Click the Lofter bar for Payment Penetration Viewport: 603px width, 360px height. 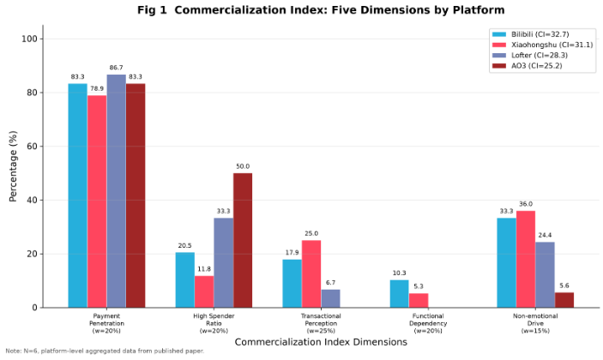pyautogui.click(x=116, y=191)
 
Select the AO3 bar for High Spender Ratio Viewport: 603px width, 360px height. pyautogui.click(x=243, y=240)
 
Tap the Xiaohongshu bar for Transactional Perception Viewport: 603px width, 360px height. pyautogui.click(x=311, y=274)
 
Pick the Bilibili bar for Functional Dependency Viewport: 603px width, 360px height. pyautogui.click(x=399, y=294)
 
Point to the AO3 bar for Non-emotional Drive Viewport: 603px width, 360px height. pyautogui.click(x=564, y=300)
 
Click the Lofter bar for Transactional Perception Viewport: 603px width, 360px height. pyautogui.click(x=331, y=298)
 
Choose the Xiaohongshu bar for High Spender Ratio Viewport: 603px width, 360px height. pyautogui.click(x=204, y=291)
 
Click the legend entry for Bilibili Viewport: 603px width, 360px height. pyautogui.click(x=530, y=34)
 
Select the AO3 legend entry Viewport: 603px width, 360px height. pyautogui.click(x=527, y=66)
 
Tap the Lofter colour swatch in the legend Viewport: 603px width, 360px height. pyautogui.click(x=498, y=56)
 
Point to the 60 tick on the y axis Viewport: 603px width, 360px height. pyautogui.click(x=41, y=147)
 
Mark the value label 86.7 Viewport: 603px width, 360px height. pyautogui.click(x=116, y=68)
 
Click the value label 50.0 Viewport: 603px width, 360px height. pyautogui.click(x=243, y=166)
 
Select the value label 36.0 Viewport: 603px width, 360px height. pyautogui.click(x=526, y=204)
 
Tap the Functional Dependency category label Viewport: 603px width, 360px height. pyautogui.click(x=428, y=323)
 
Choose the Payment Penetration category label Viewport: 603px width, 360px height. pyautogui.click(x=106, y=323)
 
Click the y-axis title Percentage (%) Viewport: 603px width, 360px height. pyautogui.click(x=13, y=166)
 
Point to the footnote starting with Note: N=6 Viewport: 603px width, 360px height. pyautogui.click(x=105, y=351)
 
